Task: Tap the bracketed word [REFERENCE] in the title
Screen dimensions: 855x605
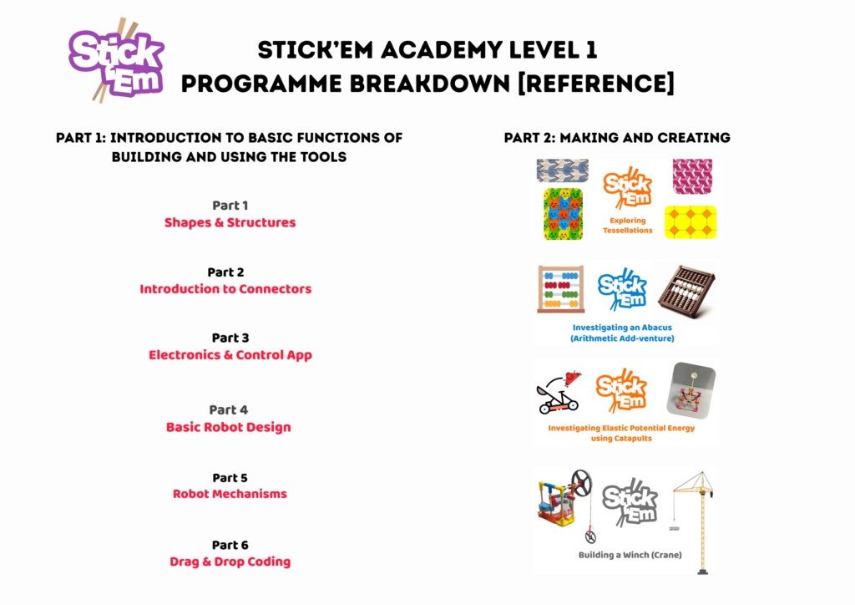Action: (595, 84)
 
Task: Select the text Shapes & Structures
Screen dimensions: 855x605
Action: (230, 222)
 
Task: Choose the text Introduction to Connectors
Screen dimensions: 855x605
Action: (225, 289)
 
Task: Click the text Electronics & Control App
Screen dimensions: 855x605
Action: (230, 355)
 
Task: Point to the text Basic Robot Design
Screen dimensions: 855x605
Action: (229, 427)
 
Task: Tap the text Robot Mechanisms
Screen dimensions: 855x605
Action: (230, 494)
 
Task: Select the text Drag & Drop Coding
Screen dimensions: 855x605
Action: (230, 562)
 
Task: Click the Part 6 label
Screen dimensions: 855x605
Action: (230, 545)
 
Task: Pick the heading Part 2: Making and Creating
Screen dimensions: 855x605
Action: (617, 138)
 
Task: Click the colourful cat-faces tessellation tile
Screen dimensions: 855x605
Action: (564, 214)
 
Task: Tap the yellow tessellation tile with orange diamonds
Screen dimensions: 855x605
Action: (691, 222)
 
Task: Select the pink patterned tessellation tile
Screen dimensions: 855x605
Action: (692, 177)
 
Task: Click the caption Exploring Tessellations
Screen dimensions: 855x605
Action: (628, 226)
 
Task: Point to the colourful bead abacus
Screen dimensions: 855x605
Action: (561, 289)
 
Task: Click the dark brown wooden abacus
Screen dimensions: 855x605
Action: (686, 292)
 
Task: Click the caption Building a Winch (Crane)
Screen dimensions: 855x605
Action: (630, 555)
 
